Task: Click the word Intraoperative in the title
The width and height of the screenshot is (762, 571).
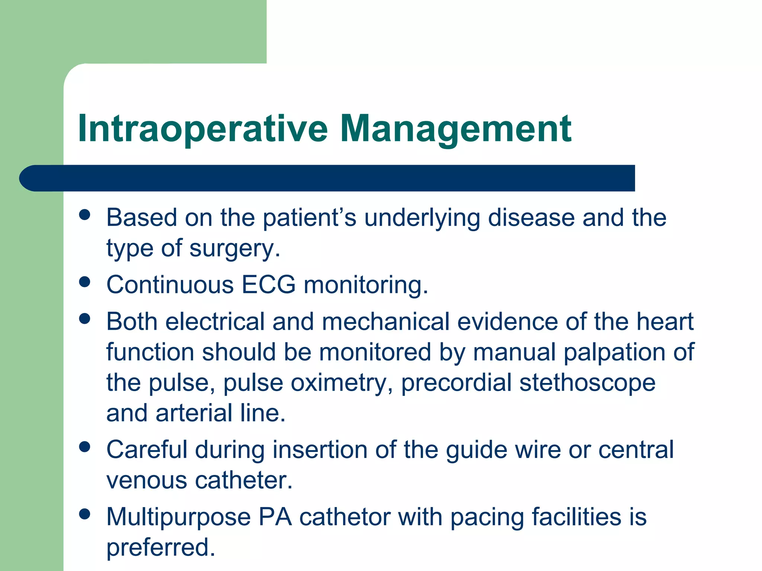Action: (203, 129)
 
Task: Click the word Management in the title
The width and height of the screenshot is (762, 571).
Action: (455, 129)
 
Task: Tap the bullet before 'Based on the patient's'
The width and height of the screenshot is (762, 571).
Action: (85, 214)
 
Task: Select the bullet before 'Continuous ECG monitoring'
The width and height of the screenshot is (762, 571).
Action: (85, 281)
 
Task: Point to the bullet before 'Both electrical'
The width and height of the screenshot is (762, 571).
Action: (85, 319)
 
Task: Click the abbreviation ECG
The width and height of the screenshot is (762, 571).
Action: (268, 285)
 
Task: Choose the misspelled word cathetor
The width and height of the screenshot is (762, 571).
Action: (345, 517)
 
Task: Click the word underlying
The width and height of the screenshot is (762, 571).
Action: (422, 218)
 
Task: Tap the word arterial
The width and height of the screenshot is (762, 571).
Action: (194, 413)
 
